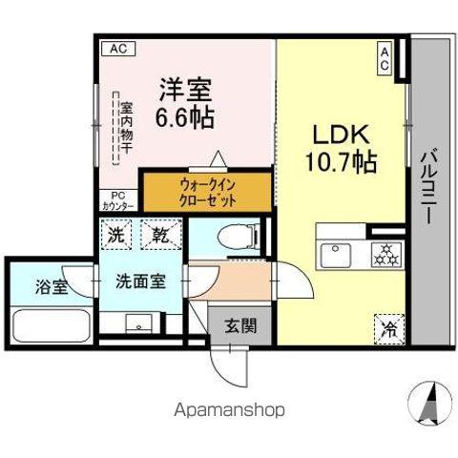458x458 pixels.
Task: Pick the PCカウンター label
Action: pos(113,201)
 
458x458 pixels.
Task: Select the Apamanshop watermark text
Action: pos(228,409)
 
